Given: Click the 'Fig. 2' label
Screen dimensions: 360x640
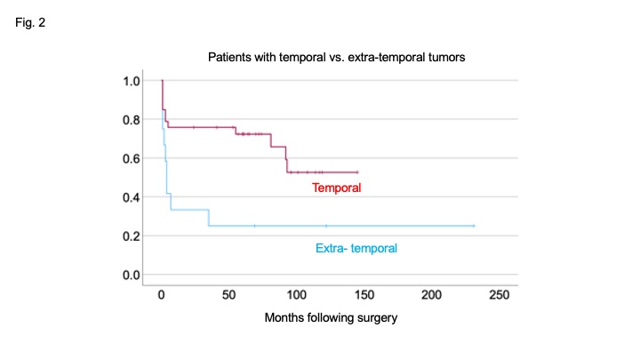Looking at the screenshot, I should [30, 22].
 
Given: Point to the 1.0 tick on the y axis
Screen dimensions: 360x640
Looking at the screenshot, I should [132, 81].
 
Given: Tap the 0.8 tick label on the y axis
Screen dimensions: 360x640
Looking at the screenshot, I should [132, 120].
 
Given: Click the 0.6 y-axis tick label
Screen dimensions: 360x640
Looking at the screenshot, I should [132, 158].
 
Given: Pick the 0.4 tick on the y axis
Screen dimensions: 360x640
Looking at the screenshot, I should [132, 197].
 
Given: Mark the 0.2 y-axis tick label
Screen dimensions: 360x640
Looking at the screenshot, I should [132, 236].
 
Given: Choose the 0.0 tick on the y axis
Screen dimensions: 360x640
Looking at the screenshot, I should [132, 275].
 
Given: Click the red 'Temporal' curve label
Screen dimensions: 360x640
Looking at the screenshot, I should [336, 188].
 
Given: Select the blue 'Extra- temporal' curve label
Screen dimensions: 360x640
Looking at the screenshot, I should [356, 249].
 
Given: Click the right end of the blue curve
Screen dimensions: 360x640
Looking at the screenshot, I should [474, 226].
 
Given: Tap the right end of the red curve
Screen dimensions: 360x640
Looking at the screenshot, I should [357, 172].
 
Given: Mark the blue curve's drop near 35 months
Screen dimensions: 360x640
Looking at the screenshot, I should [209, 218].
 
